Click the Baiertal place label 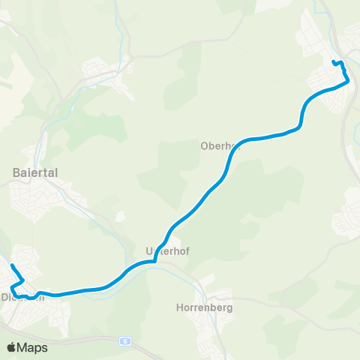tap(35, 172)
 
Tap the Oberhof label tap(219, 146)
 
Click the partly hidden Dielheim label tap(23, 296)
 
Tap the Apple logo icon tap(10, 348)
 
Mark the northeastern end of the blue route tap(333, 61)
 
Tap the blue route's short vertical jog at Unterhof tap(155, 256)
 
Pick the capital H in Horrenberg tap(178, 307)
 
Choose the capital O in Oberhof tap(204, 146)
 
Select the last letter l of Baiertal tap(56, 172)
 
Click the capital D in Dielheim tap(5, 296)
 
